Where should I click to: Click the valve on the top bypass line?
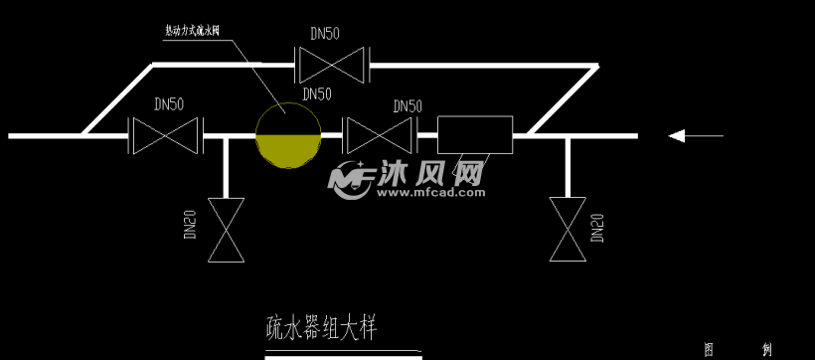point(333,66)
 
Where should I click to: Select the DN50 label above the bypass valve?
point(324,33)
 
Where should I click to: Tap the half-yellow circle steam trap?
point(288,135)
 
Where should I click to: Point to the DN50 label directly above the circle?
point(316,94)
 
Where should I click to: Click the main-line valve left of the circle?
point(167,135)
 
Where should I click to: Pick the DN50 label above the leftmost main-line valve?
point(169,103)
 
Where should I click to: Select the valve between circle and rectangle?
point(378,135)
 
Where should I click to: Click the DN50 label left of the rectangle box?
point(407,105)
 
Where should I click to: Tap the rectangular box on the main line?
point(475,135)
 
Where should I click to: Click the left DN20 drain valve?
point(226,230)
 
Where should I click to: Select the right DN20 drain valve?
point(568,230)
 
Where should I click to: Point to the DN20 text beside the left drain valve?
point(190,225)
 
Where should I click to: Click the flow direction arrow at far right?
point(696,135)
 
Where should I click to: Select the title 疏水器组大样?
point(320,326)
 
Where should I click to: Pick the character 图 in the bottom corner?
point(710,350)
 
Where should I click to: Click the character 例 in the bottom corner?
point(766,350)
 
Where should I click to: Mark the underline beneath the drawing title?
point(343,356)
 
